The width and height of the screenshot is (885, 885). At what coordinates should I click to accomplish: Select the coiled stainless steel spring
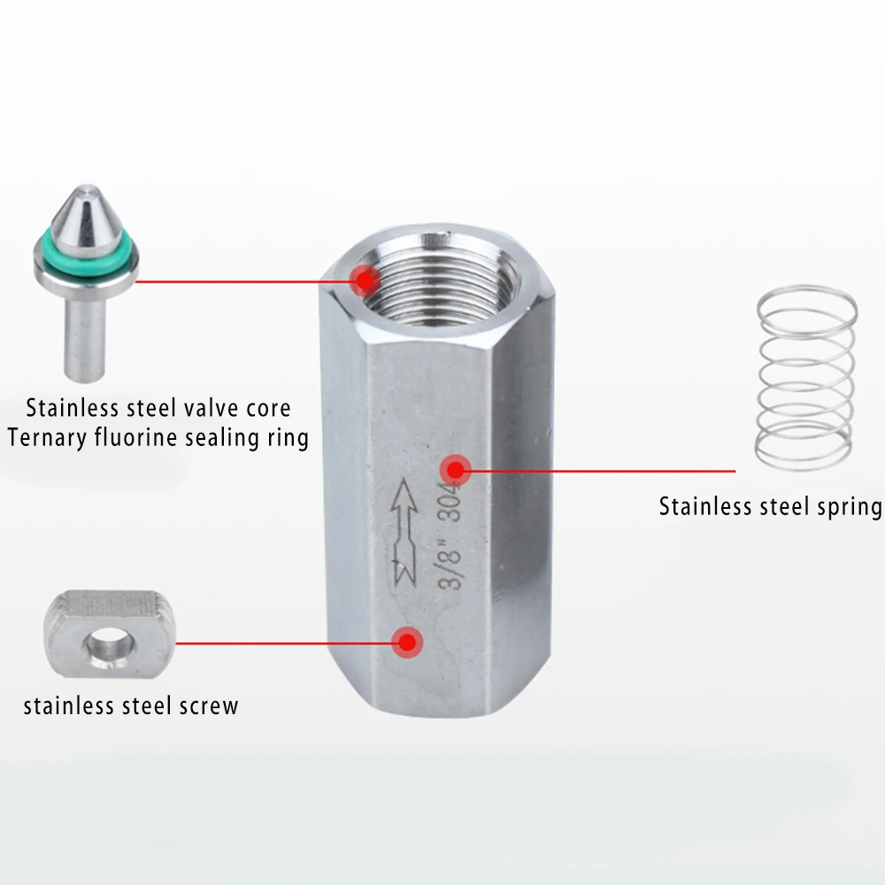click(x=805, y=376)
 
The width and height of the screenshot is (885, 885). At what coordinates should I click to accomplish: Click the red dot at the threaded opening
click(x=364, y=281)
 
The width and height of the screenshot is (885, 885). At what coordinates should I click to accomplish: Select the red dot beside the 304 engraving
click(x=455, y=469)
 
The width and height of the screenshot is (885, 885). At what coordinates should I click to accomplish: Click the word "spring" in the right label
click(x=848, y=507)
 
